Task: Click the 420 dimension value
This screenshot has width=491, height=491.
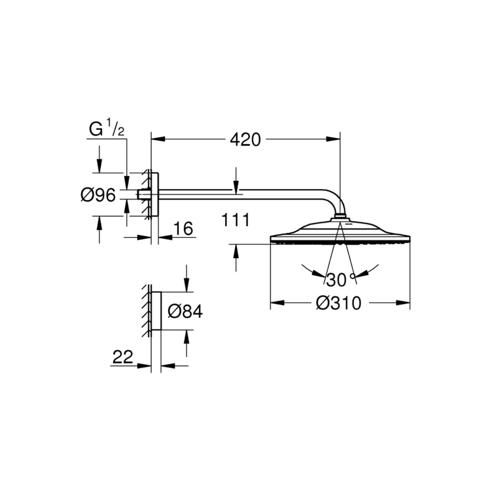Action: coord(245,139)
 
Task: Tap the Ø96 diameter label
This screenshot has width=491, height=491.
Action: coord(98,196)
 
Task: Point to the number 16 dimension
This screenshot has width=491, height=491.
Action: coord(183,229)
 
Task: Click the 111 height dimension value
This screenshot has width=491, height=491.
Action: coord(235,220)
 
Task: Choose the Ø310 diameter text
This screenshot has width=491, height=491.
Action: coord(339,303)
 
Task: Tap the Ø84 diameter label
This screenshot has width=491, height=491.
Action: coord(185,311)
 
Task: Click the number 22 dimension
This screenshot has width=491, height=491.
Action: coord(123,357)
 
